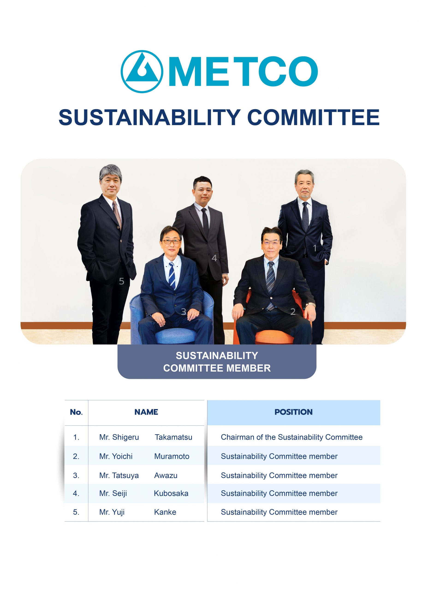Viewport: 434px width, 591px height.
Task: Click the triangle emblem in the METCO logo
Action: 142,71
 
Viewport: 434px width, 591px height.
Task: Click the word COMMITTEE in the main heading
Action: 313,117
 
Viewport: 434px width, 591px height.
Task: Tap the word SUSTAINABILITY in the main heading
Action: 149,117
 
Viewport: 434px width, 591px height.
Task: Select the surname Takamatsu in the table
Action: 173,437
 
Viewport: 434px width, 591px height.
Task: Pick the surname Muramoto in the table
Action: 172,456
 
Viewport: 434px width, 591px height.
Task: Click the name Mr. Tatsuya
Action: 119,476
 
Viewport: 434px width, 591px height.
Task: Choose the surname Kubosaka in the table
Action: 171,493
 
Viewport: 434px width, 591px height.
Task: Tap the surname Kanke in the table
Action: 165,512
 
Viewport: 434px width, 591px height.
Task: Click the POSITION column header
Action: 294,412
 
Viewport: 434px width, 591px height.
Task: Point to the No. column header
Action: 76,412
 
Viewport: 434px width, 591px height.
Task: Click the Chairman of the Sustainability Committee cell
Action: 292,437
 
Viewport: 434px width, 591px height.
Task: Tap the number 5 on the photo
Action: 121,281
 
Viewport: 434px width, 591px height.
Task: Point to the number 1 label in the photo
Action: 315,248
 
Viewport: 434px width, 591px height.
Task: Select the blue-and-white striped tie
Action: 172,275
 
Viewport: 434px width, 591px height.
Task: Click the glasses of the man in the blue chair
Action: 171,241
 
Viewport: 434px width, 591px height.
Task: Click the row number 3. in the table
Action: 76,476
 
